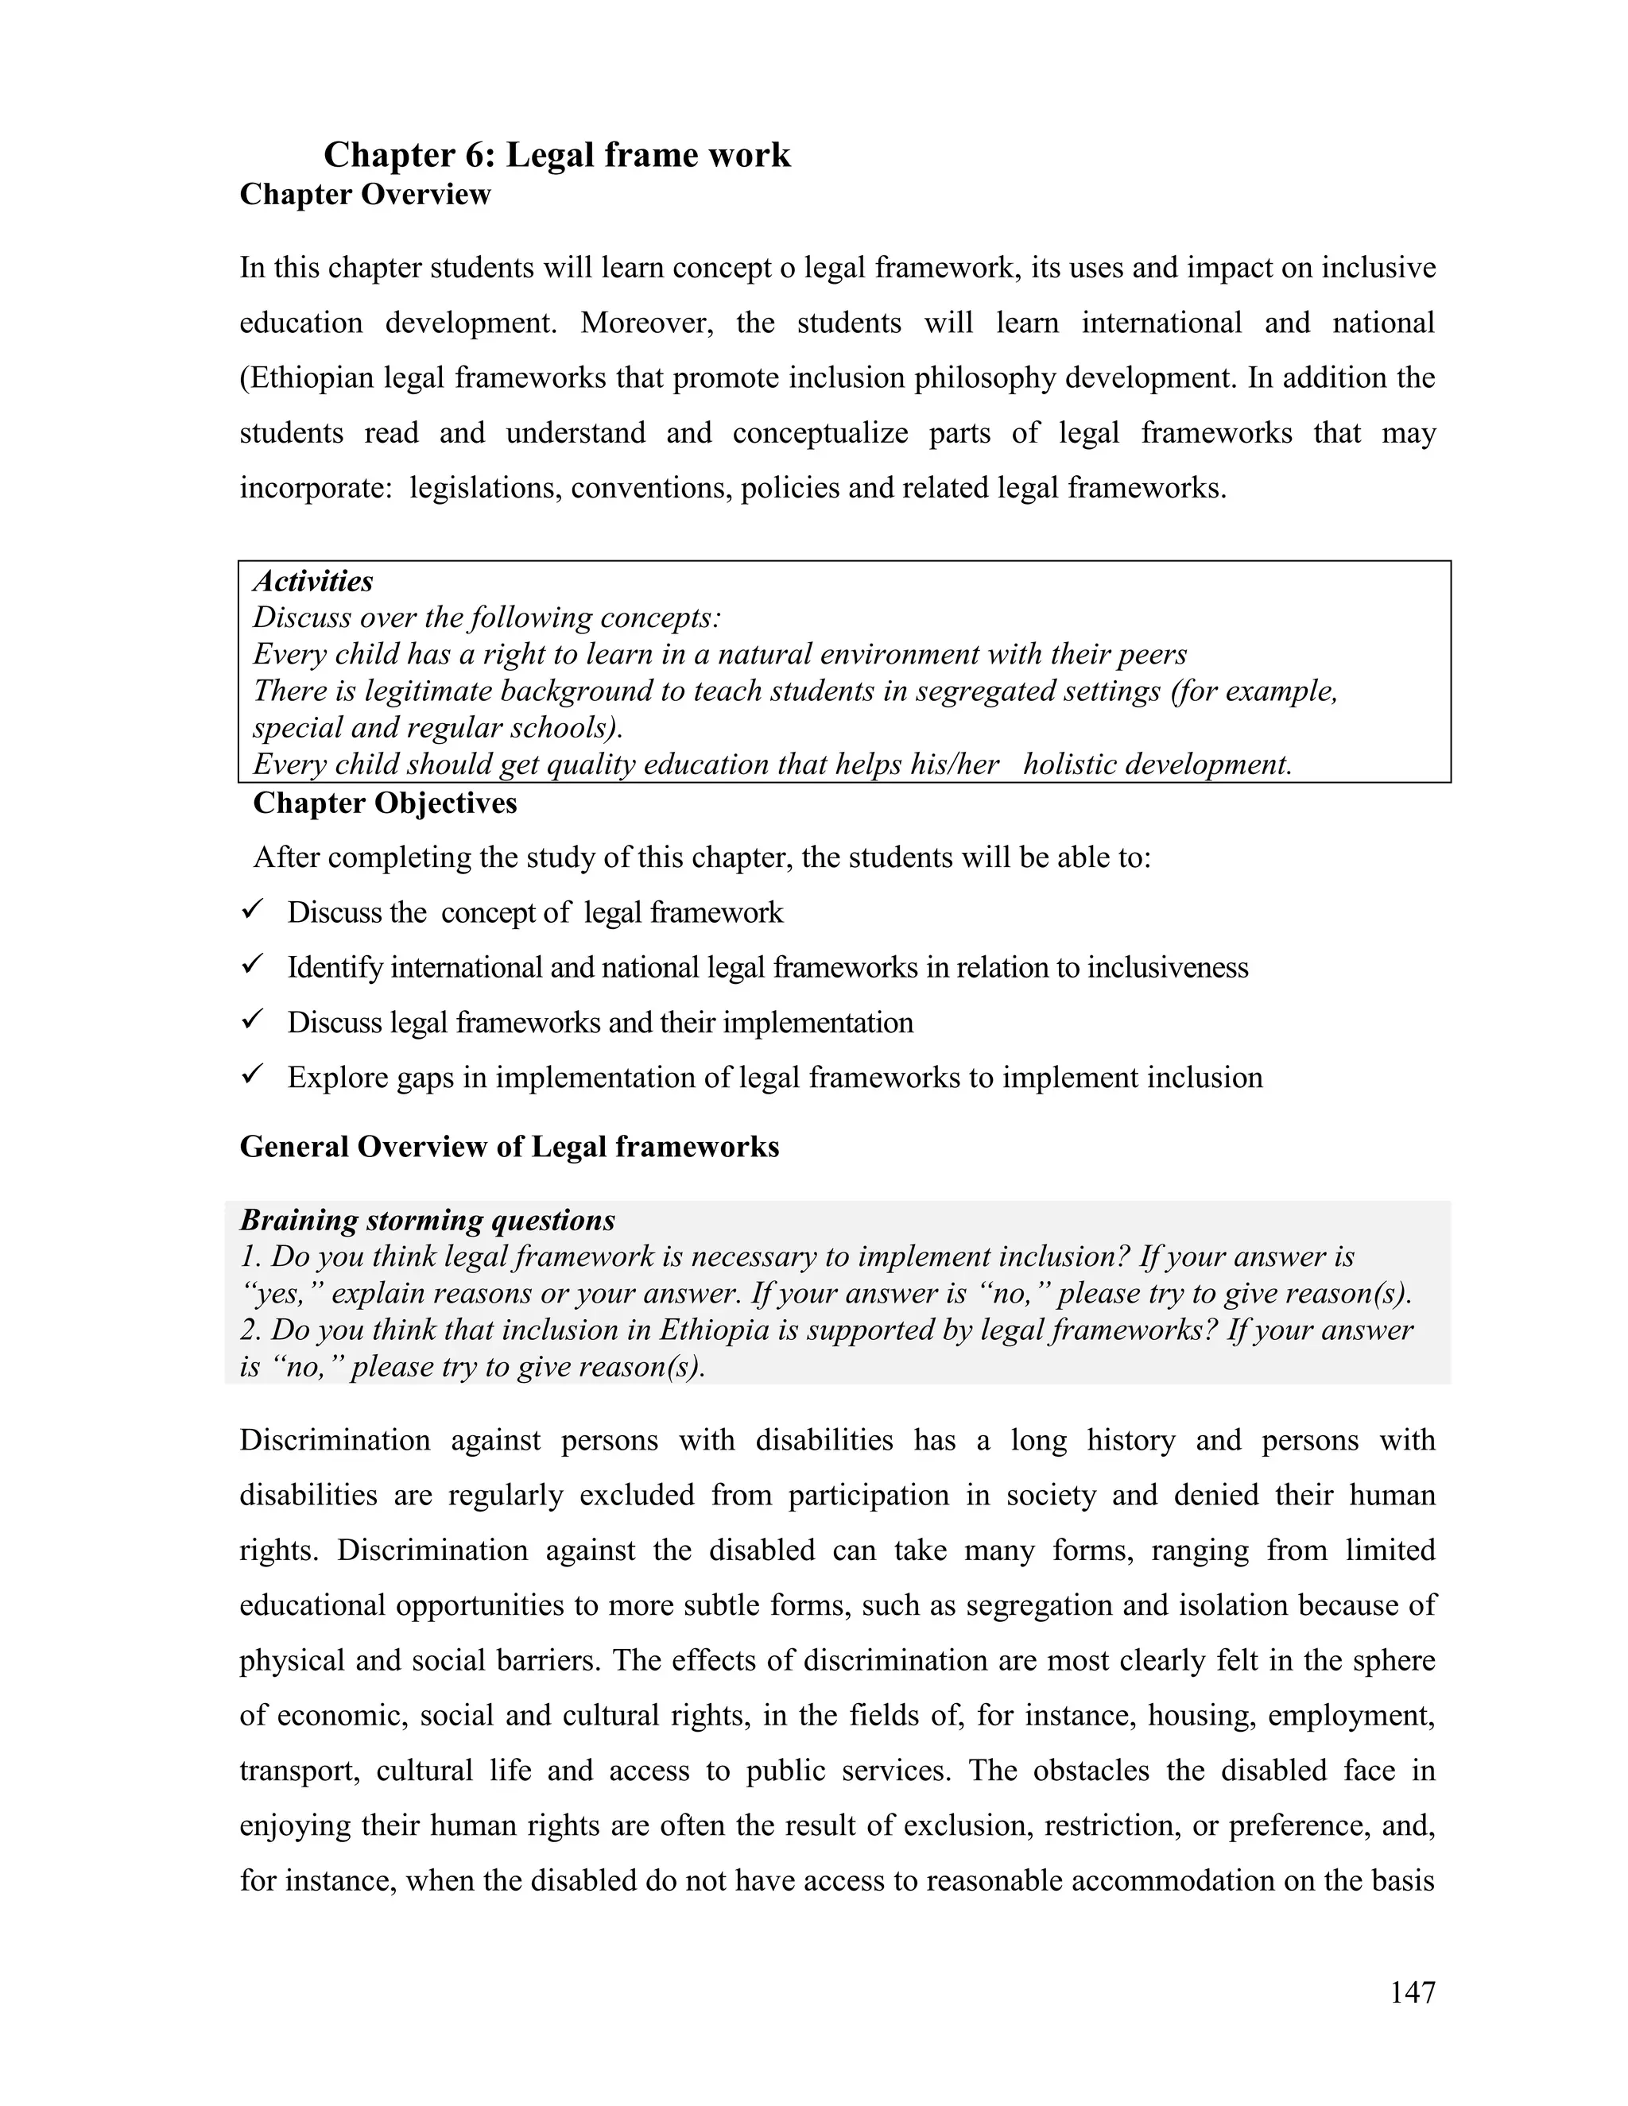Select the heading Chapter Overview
click(366, 195)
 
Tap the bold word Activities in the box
click(312, 582)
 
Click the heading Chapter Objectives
click(385, 803)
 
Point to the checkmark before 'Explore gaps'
click(254, 1074)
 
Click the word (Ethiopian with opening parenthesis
click(307, 378)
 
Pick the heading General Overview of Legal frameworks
click(510, 1148)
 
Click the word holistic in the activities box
click(1070, 765)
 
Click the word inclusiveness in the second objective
click(1167, 967)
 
